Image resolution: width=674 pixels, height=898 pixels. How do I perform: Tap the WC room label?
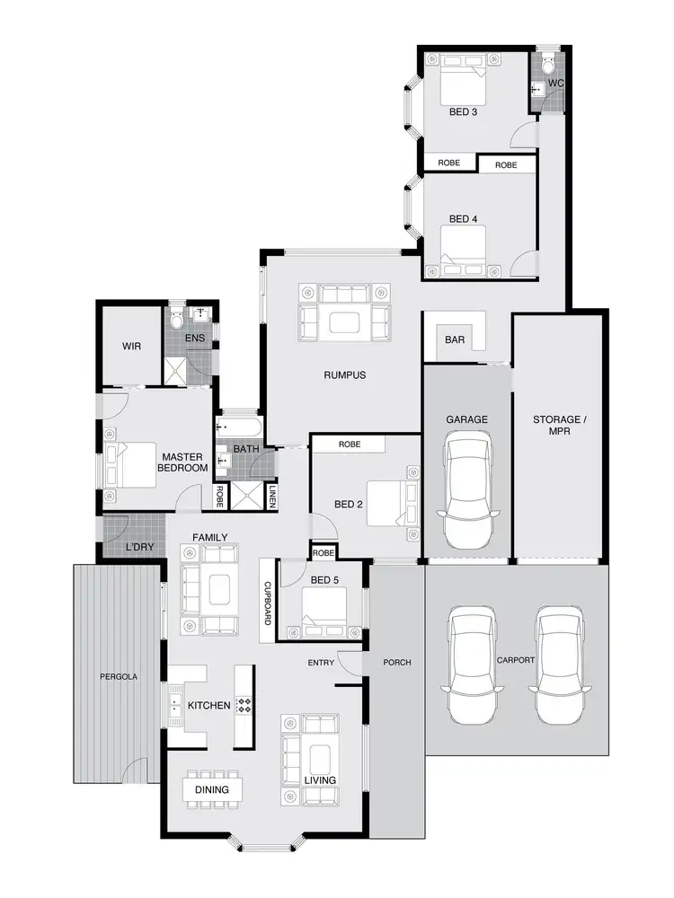pyautogui.click(x=555, y=84)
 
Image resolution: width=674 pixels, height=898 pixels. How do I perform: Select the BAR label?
pyautogui.click(x=455, y=339)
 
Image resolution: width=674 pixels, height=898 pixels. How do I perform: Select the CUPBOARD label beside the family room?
pyautogui.click(x=268, y=599)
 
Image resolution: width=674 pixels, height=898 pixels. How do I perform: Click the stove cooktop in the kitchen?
pyautogui.click(x=243, y=705)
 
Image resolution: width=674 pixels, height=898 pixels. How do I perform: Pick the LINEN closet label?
pyautogui.click(x=272, y=495)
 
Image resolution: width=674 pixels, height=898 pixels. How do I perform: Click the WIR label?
pyautogui.click(x=131, y=347)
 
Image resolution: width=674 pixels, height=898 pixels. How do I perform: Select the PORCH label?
pyautogui.click(x=396, y=663)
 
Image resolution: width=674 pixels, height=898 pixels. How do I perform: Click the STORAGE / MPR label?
pyautogui.click(x=557, y=426)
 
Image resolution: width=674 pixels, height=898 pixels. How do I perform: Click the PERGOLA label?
pyautogui.click(x=118, y=676)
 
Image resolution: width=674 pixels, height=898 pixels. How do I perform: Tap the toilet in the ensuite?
pyautogui.click(x=176, y=318)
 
